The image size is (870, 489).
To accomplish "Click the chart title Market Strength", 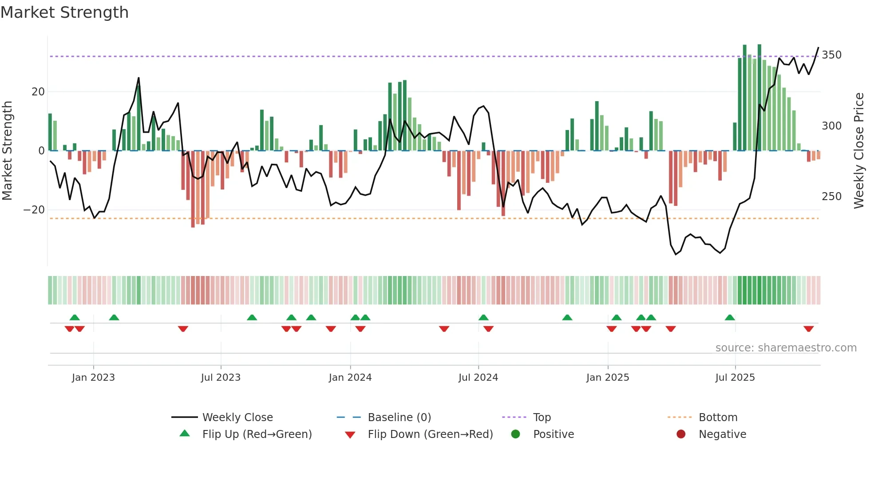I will (x=64, y=12).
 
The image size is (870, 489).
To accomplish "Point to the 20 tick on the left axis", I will (x=38, y=92).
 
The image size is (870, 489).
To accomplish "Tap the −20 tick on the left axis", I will (x=34, y=210).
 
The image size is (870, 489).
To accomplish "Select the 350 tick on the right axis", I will (x=831, y=55).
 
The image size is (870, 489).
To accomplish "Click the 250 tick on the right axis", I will (x=831, y=197).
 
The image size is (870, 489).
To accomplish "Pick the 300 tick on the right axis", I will (x=831, y=126).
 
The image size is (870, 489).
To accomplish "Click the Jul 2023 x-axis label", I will (x=221, y=378).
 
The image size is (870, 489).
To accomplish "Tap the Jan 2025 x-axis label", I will (x=608, y=378).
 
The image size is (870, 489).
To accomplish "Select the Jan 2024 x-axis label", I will (x=350, y=378).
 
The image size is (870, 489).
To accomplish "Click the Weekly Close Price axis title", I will (x=859, y=151).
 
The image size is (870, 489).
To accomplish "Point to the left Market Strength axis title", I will (x=7, y=151).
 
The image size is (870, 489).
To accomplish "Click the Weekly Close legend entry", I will (x=237, y=418).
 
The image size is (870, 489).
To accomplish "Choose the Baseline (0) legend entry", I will (x=399, y=418).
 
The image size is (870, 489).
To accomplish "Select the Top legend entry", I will (x=542, y=418).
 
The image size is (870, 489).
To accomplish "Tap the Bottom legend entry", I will (x=718, y=418).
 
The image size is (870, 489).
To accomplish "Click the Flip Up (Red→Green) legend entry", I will (x=257, y=434).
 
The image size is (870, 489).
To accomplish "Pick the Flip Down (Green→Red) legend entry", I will (x=430, y=434).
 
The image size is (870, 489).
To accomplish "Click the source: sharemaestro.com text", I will (x=786, y=348).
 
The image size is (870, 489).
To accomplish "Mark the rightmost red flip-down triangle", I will (x=808, y=329).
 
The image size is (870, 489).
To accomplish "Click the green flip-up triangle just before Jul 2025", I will (x=730, y=318).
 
